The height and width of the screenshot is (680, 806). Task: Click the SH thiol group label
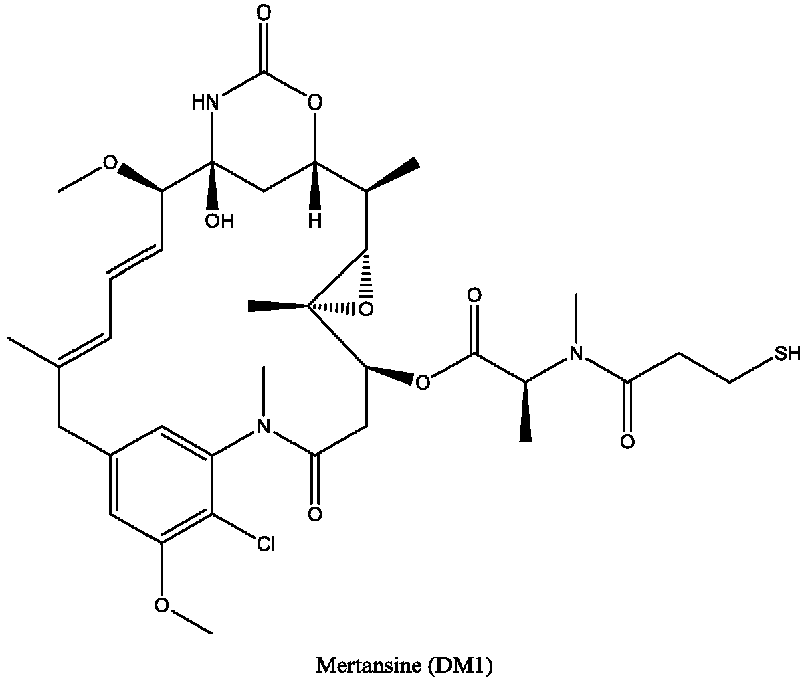click(x=787, y=353)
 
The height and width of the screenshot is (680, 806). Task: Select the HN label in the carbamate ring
click(x=205, y=102)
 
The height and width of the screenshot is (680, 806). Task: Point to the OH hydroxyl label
click(x=219, y=221)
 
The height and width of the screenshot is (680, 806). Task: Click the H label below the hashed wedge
click(x=315, y=221)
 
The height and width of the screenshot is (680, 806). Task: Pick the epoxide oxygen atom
click(x=366, y=309)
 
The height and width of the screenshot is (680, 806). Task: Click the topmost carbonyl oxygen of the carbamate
click(x=264, y=13)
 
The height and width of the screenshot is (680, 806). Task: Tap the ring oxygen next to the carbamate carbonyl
click(x=315, y=102)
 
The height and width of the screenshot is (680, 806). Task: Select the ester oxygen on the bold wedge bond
click(x=422, y=383)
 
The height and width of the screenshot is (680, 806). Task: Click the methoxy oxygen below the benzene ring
click(x=161, y=605)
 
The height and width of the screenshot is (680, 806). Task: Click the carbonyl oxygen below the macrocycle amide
click(x=315, y=514)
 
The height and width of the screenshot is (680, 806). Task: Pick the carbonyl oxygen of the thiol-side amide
click(x=627, y=442)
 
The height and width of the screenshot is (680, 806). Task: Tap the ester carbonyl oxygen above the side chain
click(x=474, y=294)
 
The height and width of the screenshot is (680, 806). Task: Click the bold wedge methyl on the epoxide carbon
click(x=278, y=305)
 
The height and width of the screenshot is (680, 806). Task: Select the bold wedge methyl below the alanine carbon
click(x=525, y=412)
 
